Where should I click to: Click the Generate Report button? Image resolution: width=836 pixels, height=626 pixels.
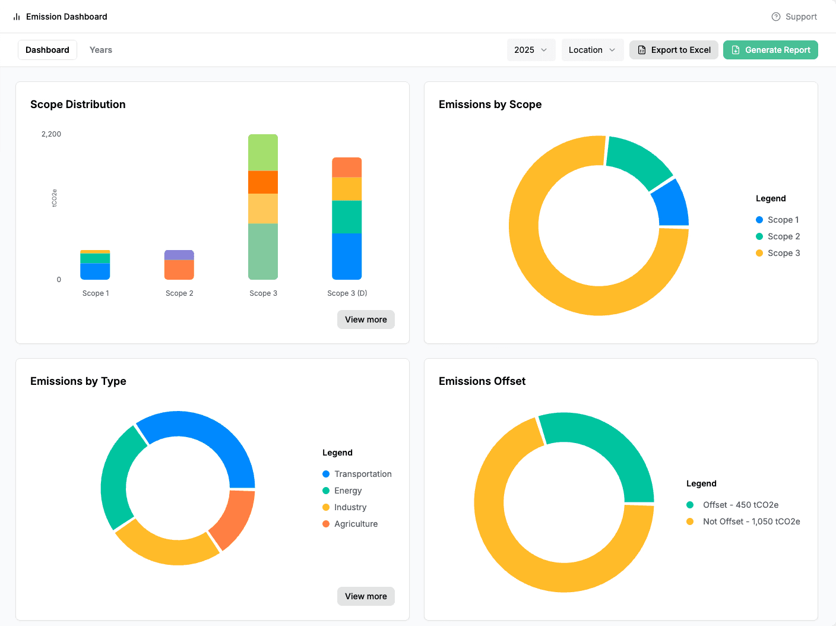[770, 50]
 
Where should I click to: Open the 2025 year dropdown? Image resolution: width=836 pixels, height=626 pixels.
[531, 50]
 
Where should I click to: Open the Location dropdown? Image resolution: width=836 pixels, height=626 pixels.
[592, 50]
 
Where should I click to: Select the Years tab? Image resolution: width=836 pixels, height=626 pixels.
[100, 50]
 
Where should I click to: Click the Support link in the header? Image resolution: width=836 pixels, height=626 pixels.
[794, 17]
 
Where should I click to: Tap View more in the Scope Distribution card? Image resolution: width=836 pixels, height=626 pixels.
[366, 320]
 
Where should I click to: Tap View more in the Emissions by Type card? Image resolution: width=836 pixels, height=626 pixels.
[366, 596]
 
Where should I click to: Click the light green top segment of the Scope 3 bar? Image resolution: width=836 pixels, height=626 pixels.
[263, 153]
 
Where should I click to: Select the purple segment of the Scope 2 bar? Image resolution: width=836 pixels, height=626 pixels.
[179, 255]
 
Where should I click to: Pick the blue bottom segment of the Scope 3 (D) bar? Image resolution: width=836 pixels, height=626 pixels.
[347, 256]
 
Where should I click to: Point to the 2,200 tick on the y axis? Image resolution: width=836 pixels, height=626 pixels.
[51, 134]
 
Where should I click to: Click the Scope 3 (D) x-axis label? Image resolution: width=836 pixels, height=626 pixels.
[347, 293]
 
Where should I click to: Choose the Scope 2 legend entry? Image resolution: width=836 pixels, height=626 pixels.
[778, 236]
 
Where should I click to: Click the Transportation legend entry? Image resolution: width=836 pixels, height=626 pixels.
[357, 473]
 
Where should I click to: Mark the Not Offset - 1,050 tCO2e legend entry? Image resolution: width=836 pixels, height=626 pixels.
[743, 521]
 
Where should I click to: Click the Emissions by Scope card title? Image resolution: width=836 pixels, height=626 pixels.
[490, 105]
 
